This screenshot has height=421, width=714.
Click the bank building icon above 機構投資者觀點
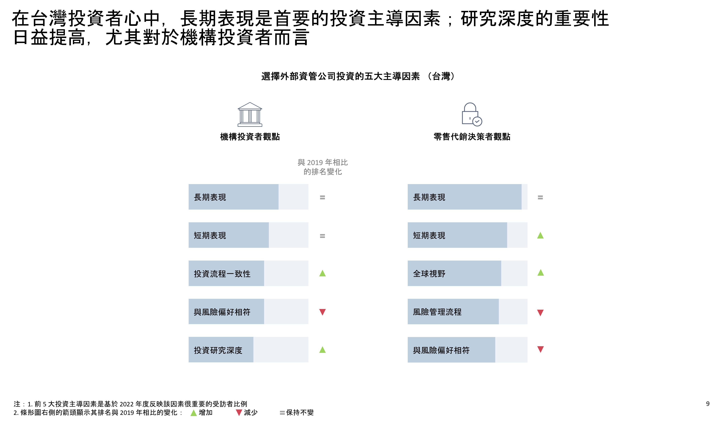pyautogui.click(x=250, y=114)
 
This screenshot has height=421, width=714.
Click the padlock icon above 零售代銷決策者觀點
pyautogui.click(x=472, y=114)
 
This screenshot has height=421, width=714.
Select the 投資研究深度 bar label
pyautogui.click(x=218, y=350)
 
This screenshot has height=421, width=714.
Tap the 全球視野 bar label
pyautogui.click(x=429, y=274)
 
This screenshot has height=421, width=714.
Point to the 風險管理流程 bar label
pyautogui.click(x=437, y=312)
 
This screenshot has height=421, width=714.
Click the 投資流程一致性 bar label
pyautogui.click(x=222, y=274)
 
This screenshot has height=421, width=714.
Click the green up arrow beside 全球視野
pyautogui.click(x=540, y=273)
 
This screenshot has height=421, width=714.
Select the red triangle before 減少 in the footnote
pyautogui.click(x=239, y=413)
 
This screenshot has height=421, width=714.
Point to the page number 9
pyautogui.click(x=708, y=404)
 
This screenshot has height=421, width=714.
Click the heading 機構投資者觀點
pyautogui.click(x=250, y=137)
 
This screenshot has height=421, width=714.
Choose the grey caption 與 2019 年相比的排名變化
pyautogui.click(x=323, y=167)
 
